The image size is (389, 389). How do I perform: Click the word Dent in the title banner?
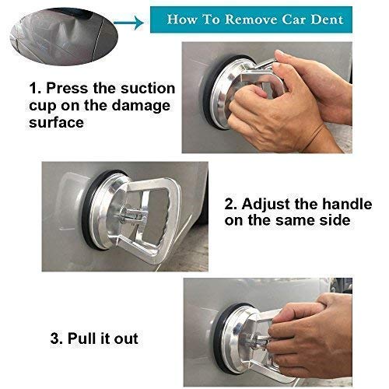pyautogui.click(x=327, y=19)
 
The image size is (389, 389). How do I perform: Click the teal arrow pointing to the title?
pyautogui.click(x=128, y=23)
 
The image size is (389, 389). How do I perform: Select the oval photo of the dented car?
pyautogui.click(x=64, y=37)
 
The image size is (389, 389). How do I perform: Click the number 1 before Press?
pyautogui.click(x=34, y=88)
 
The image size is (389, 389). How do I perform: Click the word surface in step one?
pyautogui.click(x=56, y=122)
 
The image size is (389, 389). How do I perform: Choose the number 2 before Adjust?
pyautogui.click(x=230, y=204)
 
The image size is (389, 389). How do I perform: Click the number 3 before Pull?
pyautogui.click(x=56, y=338)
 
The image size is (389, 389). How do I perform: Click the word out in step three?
pyautogui.click(x=126, y=339)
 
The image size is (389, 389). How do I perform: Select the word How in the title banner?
pyautogui.click(x=181, y=19)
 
